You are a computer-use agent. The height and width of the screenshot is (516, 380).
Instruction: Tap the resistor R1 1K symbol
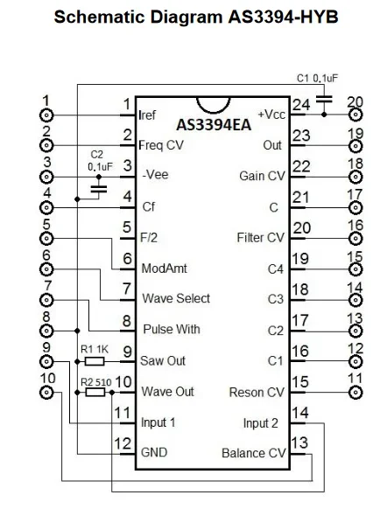95,360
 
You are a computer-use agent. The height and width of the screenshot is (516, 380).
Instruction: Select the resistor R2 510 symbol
95,393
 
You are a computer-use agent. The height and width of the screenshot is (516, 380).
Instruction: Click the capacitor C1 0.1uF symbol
323,102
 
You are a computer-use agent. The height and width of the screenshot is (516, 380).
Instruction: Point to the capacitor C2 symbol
98,187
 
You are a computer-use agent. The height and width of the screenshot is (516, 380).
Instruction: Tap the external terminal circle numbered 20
355,115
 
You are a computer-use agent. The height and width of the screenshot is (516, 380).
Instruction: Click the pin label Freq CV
162,144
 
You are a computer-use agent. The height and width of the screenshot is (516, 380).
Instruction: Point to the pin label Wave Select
176,298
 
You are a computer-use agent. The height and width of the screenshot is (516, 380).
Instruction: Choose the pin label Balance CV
254,453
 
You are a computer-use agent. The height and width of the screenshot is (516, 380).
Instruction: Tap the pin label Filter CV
261,237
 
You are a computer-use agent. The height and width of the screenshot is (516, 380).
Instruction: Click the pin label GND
154,453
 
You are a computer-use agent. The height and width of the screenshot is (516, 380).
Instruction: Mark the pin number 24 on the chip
300,105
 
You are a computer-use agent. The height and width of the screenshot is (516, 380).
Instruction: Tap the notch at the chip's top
213,103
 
